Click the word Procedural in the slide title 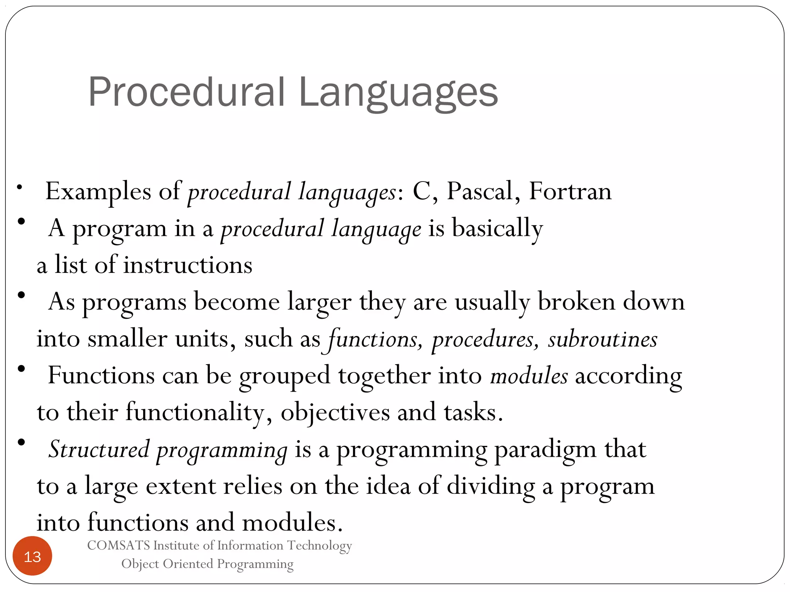[186, 92]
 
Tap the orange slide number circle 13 [32, 556]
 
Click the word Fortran [570, 191]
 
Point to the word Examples [98, 192]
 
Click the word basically [497, 228]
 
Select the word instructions [187, 265]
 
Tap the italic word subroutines [603, 339]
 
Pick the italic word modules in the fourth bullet [529, 376]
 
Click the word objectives [335, 412]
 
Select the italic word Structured [99, 449]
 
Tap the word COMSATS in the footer [118, 545]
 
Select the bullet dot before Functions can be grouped [21, 369]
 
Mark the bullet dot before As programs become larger [21, 295]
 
